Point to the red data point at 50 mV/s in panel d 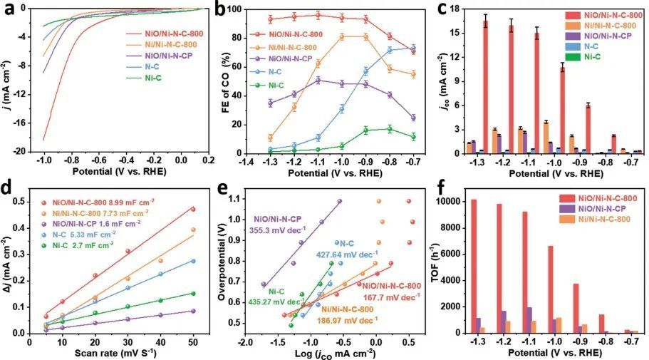[192, 209]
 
